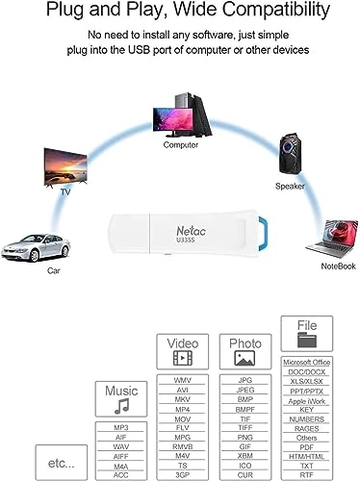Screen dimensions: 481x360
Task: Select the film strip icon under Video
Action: coord(183,359)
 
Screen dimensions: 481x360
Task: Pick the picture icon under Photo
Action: coord(244,359)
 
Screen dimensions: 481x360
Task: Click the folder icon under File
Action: coord(308,340)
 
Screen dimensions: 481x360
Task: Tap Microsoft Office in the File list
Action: coord(308,361)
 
